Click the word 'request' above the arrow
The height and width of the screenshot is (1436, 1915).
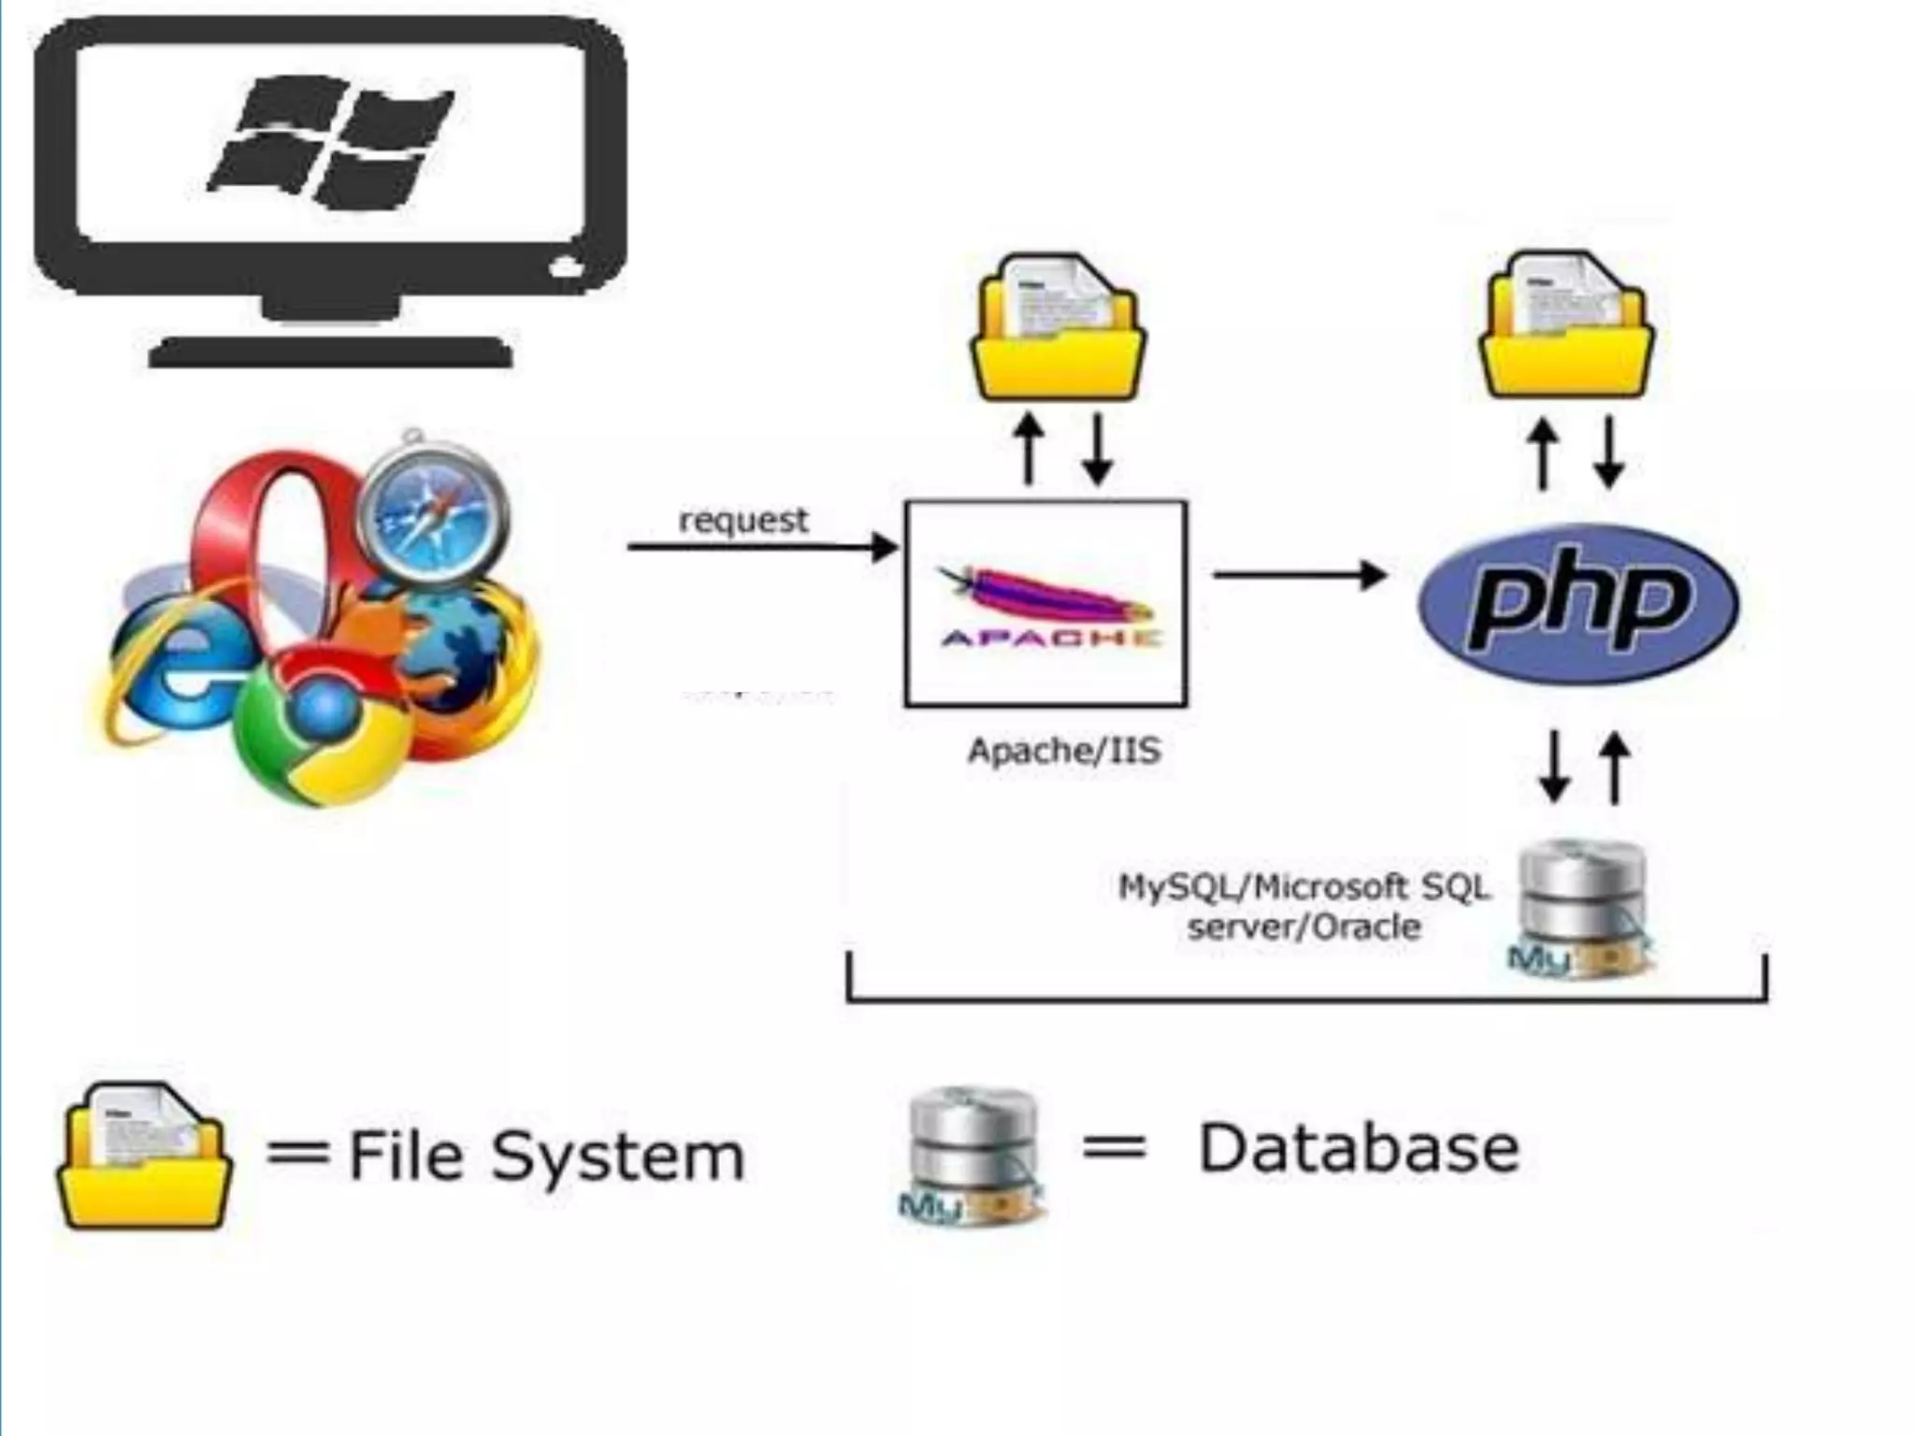(742, 520)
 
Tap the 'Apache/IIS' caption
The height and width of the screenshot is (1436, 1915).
(1064, 751)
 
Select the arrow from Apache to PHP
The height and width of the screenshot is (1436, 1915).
(1300, 574)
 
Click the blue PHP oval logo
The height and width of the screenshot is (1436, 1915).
(1578, 604)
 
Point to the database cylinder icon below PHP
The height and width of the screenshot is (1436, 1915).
(1580, 907)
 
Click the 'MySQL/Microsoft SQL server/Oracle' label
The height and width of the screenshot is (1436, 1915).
(1303, 906)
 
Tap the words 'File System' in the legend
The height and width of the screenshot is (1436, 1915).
(546, 1156)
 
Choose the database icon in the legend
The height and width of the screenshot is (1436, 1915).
(972, 1156)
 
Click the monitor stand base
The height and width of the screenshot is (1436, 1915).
(330, 352)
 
